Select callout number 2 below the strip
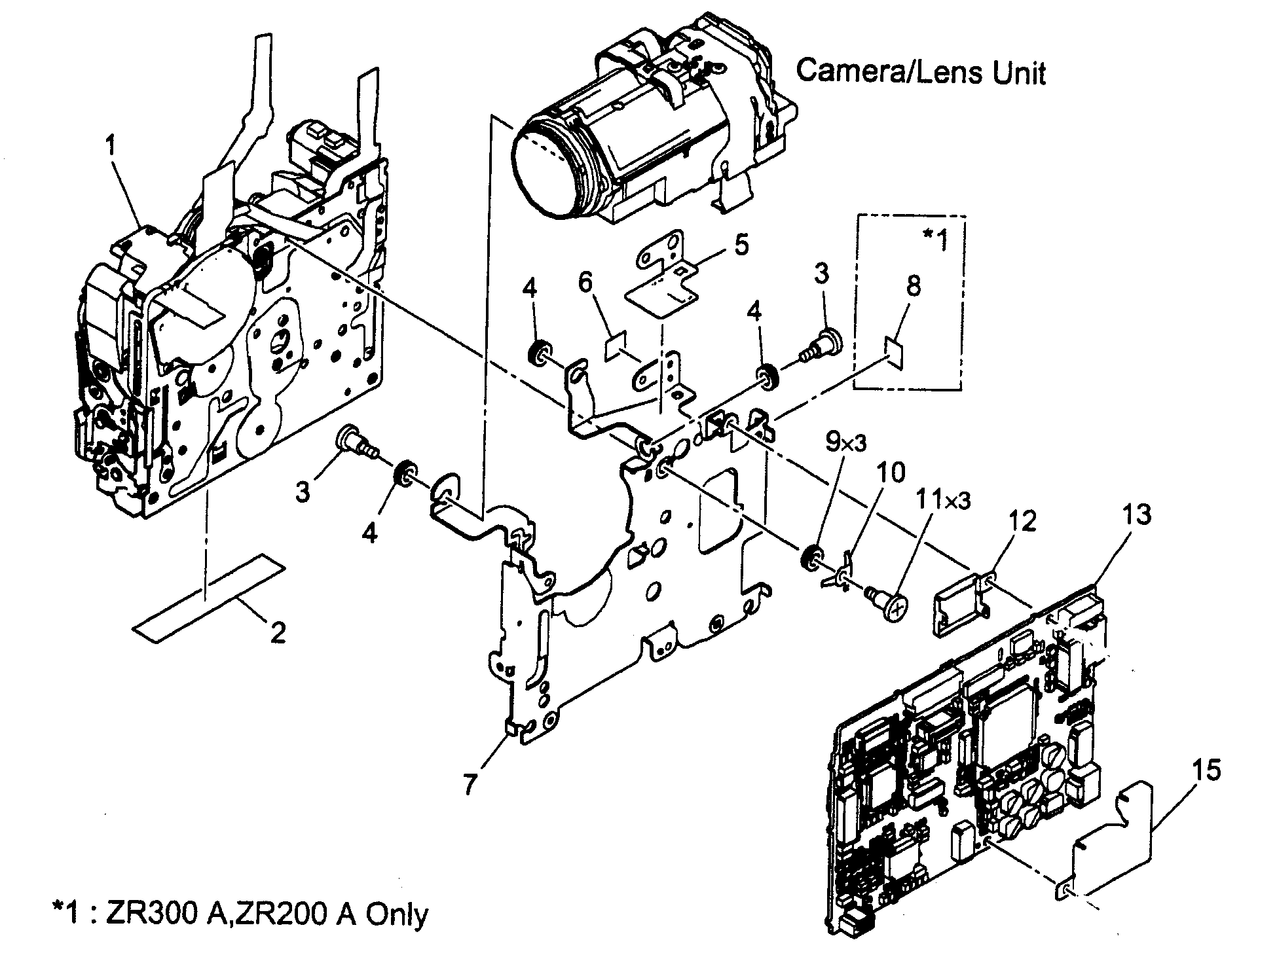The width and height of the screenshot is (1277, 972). point(278,632)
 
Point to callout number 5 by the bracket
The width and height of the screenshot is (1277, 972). point(741,246)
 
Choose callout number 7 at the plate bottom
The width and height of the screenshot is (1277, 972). point(470,784)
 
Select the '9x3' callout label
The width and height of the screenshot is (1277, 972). point(845,443)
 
